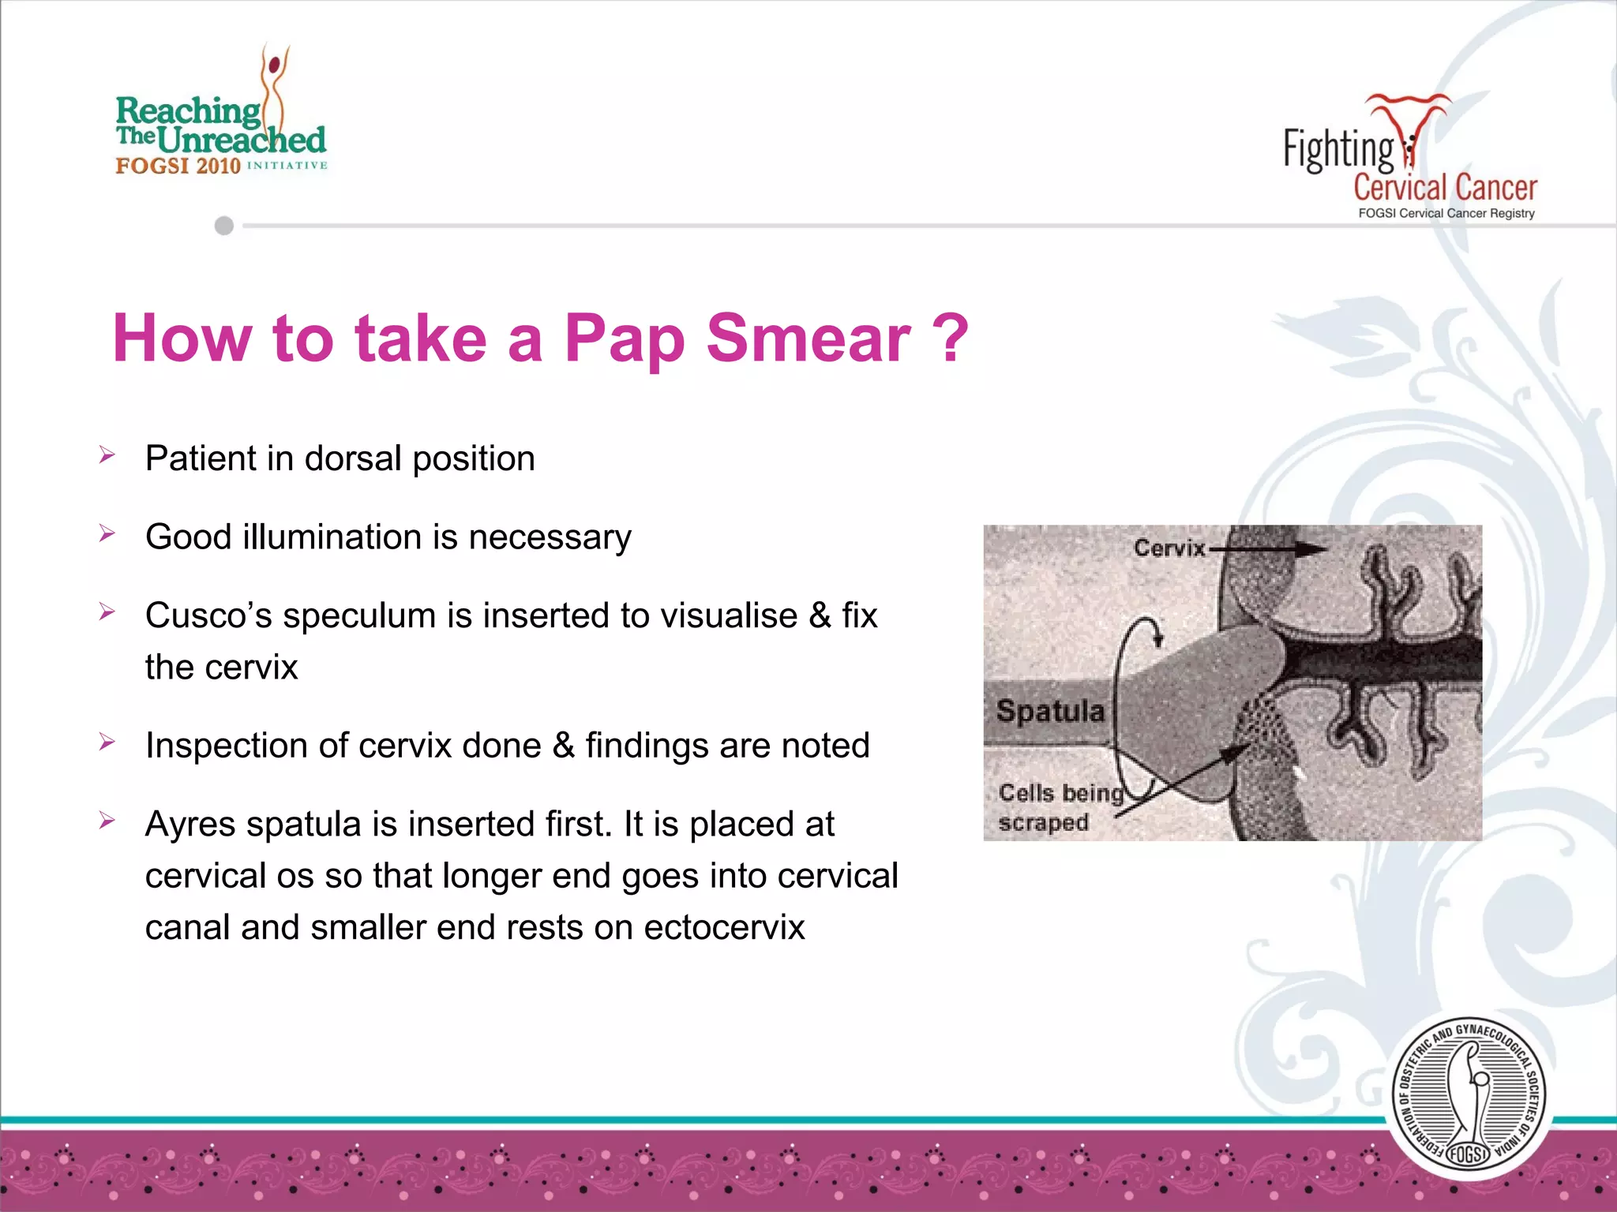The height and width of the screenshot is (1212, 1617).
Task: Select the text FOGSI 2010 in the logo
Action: click(178, 166)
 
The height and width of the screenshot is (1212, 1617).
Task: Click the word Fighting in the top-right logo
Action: click(1338, 149)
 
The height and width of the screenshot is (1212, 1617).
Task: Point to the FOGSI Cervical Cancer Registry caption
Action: click(1446, 213)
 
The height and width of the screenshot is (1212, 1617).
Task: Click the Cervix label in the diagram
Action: click(1169, 548)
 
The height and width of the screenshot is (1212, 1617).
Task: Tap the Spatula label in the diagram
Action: click(1050, 711)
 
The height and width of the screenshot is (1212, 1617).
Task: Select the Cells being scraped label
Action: click(1058, 807)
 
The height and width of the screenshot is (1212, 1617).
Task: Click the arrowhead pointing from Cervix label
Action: click(1314, 549)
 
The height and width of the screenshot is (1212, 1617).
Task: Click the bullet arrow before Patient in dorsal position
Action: click(107, 455)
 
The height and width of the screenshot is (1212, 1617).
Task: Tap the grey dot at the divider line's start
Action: click(224, 226)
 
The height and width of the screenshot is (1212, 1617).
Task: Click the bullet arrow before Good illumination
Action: click(107, 534)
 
